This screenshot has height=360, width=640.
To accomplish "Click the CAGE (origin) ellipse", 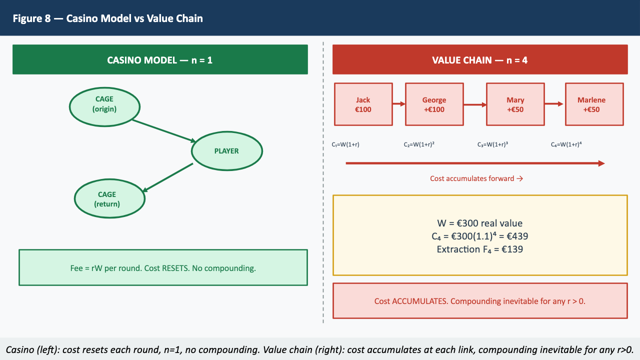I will click(x=104, y=104).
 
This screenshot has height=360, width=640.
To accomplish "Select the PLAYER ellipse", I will click(x=226, y=151).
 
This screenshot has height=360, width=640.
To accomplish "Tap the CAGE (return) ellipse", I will click(x=109, y=199).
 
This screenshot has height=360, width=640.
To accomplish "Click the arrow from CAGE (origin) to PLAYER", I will click(x=162, y=130).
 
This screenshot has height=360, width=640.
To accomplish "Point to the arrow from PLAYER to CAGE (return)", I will click(x=168, y=177).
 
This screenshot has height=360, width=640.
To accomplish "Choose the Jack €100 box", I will click(x=363, y=104).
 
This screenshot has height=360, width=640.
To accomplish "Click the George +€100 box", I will click(x=434, y=104).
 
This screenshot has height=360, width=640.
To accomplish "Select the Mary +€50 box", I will click(x=515, y=104).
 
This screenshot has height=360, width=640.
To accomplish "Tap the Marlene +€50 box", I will click(x=594, y=104).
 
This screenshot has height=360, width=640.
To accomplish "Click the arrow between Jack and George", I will click(x=398, y=104).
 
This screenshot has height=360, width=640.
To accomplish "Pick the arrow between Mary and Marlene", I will click(x=554, y=104).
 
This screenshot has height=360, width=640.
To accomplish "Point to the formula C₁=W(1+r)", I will click(x=345, y=144).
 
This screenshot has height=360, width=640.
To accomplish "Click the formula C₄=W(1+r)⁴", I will click(x=566, y=144).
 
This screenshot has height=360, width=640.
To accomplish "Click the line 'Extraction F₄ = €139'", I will click(x=479, y=249).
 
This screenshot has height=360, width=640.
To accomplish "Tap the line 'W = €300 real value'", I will click(x=479, y=223).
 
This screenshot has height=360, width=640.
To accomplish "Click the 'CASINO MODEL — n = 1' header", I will click(x=160, y=60).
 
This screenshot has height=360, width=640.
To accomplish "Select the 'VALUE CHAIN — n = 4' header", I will click(x=479, y=60).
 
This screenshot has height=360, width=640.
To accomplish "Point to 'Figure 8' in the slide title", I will click(x=31, y=18).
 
